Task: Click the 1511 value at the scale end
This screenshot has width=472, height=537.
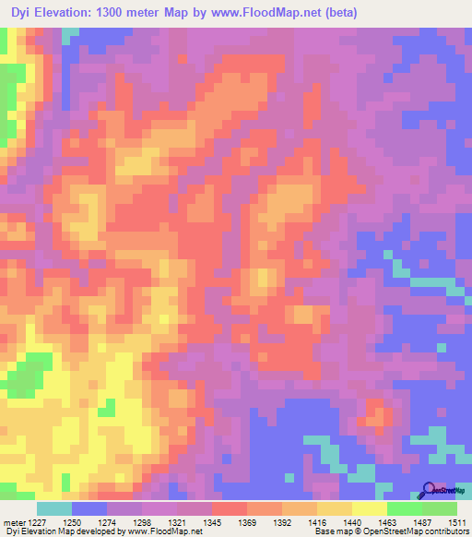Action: (x=458, y=521)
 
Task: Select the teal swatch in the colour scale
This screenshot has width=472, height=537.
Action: (x=53, y=508)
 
